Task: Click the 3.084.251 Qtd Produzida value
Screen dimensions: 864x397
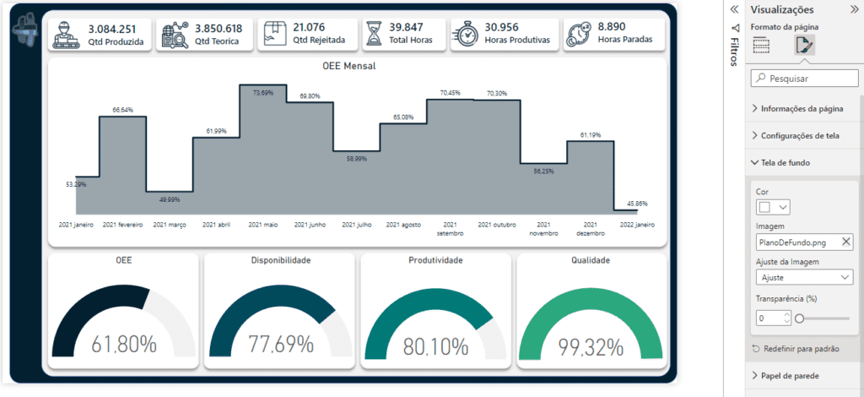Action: click(112, 29)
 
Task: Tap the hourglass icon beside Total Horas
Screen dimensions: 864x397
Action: click(375, 35)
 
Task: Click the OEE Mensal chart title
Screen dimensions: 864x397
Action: click(348, 67)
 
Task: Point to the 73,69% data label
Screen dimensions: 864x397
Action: click(263, 93)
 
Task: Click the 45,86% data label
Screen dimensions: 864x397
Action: click(637, 204)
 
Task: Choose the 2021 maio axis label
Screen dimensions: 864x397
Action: click(263, 225)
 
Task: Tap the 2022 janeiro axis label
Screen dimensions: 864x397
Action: click(637, 225)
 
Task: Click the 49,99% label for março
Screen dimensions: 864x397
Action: click(169, 199)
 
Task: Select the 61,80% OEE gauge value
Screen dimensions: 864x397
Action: click(123, 345)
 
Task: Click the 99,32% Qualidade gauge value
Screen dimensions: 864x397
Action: click(591, 347)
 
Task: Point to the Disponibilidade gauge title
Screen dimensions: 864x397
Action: click(280, 260)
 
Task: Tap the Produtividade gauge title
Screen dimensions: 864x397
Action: click(435, 260)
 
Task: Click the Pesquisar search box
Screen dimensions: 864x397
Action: click(804, 79)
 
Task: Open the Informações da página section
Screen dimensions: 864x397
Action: click(802, 109)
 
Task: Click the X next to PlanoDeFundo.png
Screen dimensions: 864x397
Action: click(846, 241)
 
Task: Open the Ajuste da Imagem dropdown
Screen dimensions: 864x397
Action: click(804, 277)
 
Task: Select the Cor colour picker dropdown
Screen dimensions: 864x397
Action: click(774, 207)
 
